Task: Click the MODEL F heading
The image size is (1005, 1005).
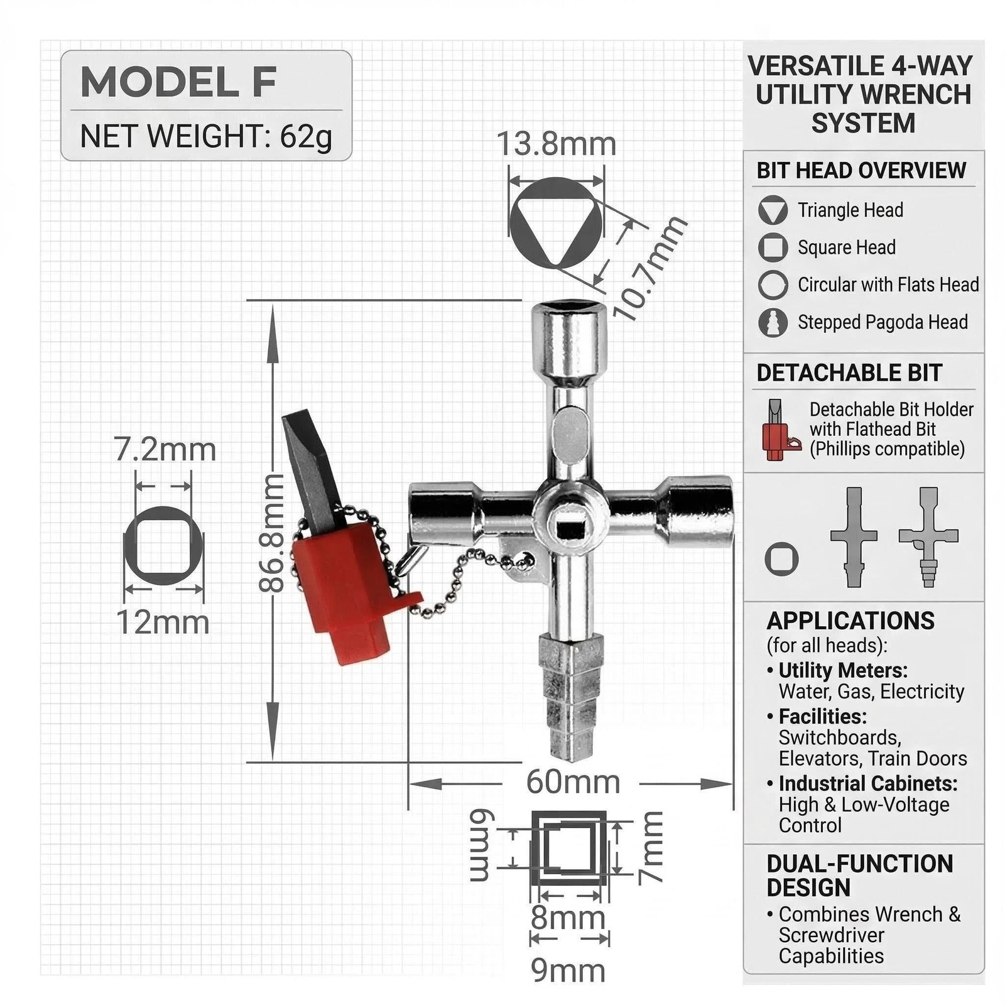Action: (178, 82)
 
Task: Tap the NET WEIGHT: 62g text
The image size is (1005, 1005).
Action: (206, 136)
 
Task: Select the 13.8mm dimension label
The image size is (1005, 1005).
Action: (557, 144)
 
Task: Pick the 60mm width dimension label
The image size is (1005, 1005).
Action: (573, 782)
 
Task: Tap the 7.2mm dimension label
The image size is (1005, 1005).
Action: (165, 450)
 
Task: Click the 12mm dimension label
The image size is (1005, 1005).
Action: (163, 622)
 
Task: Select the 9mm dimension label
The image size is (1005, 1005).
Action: (568, 970)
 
